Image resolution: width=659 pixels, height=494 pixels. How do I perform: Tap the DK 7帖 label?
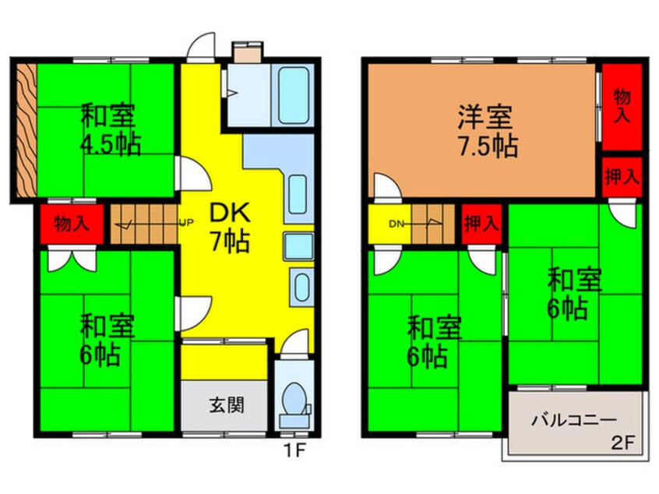[227, 226]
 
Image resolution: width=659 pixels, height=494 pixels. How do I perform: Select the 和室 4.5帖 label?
[110, 130]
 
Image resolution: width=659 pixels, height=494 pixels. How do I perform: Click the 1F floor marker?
[292, 449]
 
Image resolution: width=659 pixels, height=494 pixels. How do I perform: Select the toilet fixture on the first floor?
[294, 400]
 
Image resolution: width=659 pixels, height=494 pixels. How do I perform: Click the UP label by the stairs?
[187, 223]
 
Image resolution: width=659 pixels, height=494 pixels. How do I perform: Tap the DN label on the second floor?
[396, 224]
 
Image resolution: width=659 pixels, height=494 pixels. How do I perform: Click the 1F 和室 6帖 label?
[99, 340]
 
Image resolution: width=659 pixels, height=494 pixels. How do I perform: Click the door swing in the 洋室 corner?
[384, 188]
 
